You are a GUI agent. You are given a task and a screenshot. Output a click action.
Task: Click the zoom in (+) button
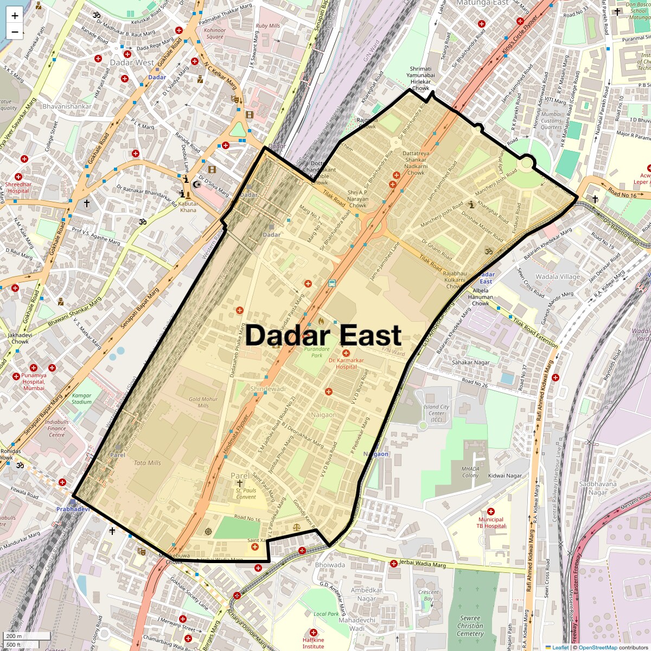(15, 15)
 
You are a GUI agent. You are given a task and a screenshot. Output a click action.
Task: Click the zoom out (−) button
(15, 31)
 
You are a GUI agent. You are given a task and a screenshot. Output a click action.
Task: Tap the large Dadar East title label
(323, 335)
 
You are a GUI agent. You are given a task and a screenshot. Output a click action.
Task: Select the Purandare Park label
(317, 352)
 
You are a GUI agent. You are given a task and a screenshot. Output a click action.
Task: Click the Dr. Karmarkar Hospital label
(346, 363)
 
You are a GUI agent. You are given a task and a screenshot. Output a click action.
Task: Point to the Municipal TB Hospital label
(490, 522)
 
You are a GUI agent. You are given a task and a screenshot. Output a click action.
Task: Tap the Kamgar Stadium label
(82, 399)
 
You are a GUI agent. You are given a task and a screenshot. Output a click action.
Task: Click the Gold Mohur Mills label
(203, 402)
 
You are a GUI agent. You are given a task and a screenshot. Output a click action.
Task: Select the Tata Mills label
(147, 463)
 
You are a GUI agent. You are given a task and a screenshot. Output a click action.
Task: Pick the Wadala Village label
(558, 277)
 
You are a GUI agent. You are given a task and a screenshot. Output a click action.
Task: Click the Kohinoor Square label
(215, 34)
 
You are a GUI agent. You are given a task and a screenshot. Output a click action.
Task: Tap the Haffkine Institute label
(313, 643)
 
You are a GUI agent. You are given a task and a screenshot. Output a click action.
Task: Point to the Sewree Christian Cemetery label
(470, 626)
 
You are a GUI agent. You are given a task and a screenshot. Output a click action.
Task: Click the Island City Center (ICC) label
(436, 413)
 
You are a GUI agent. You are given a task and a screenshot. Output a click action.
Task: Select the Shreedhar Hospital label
(18, 188)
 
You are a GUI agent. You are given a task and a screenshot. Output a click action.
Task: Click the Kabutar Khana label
(188, 207)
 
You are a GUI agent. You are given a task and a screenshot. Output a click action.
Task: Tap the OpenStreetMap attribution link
(597, 647)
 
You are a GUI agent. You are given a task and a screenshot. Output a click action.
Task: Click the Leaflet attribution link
(560, 647)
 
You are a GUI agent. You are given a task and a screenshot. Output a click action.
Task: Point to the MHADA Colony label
(470, 472)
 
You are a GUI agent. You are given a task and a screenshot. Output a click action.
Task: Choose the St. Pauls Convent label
(246, 493)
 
